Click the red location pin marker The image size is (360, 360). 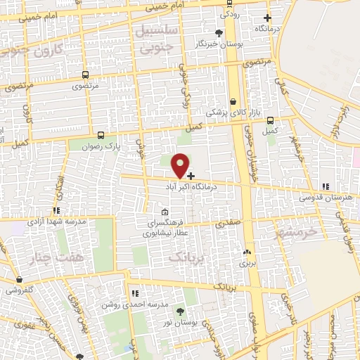pyautogui.click(x=181, y=165)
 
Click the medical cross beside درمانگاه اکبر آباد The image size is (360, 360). pyautogui.click(x=191, y=176)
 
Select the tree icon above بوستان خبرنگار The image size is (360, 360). pyautogui.click(x=219, y=32)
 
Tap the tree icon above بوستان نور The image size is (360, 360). pyautogui.click(x=179, y=311)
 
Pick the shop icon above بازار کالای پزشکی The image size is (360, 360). pyautogui.click(x=233, y=101)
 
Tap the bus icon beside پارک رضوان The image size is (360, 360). pyautogui.click(x=101, y=135)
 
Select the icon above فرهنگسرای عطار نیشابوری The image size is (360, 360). pyautogui.click(x=165, y=212)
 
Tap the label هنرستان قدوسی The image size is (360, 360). pyautogui.click(x=325, y=198)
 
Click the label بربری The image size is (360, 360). pyautogui.click(x=246, y=264)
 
